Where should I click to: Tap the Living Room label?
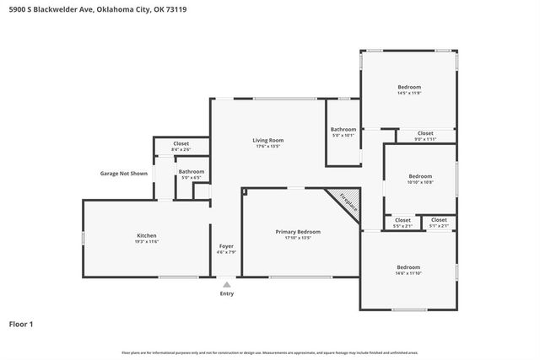point(267,142)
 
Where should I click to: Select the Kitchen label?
point(147,238)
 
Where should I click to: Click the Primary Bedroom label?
point(298,234)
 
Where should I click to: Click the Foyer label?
point(226,248)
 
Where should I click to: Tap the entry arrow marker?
point(226,285)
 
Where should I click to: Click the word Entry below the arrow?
point(226,293)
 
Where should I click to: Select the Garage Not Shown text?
point(123,174)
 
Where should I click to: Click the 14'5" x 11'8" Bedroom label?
point(409,89)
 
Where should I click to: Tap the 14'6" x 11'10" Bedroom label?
point(408,269)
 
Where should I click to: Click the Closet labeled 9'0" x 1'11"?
point(425,135)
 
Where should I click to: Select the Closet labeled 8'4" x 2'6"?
point(181,146)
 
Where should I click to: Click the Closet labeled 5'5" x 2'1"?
point(402,222)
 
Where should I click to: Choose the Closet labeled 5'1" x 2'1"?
point(439,222)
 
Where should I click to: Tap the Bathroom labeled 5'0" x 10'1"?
point(343,132)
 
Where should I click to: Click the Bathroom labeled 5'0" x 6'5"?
point(192,174)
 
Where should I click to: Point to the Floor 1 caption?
point(21,323)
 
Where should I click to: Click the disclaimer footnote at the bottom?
point(269,352)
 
